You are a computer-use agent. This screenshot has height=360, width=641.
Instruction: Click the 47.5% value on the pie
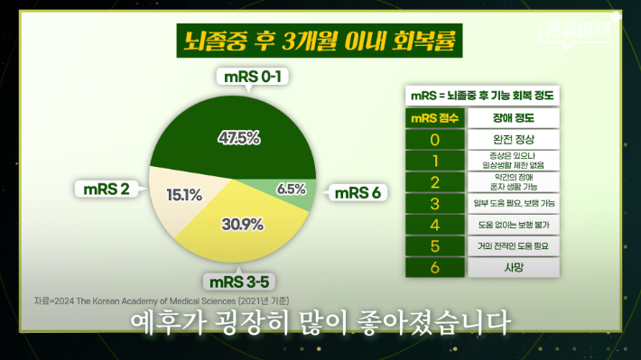point(239,138)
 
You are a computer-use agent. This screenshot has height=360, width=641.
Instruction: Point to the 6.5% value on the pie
point(291,189)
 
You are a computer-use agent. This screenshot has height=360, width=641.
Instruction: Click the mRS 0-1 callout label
point(252,78)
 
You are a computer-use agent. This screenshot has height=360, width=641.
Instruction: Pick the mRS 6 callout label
point(359,191)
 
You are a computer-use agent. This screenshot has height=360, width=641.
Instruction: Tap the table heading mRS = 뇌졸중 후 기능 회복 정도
point(481,95)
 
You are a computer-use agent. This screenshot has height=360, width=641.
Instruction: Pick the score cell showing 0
point(435,140)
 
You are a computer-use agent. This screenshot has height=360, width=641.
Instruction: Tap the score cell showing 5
point(435,245)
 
